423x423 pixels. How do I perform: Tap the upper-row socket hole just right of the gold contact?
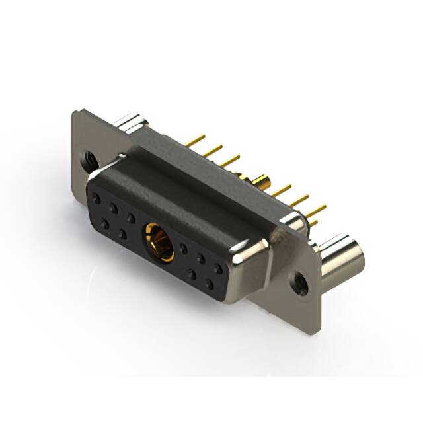click(184, 249)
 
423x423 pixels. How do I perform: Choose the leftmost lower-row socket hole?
click(105, 223)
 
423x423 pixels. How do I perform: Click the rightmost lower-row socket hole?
click(210, 286)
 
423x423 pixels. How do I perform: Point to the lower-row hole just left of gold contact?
click(123, 233)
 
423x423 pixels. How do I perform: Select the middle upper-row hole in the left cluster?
click(114, 207)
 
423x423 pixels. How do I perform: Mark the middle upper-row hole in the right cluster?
click(200, 259)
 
